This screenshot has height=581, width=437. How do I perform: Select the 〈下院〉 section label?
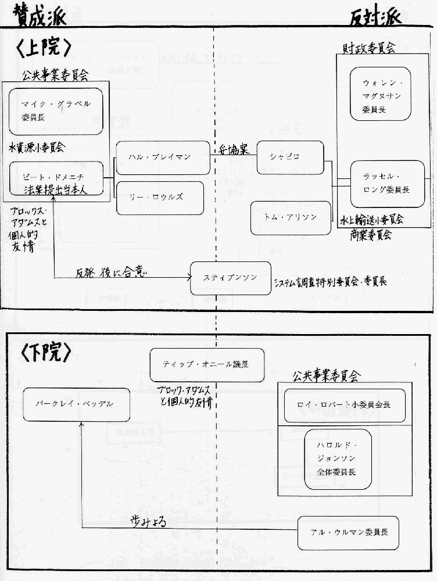click(x=45, y=352)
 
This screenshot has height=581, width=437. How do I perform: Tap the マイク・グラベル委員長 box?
click(x=56, y=110)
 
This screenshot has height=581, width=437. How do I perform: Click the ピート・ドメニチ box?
click(x=56, y=179)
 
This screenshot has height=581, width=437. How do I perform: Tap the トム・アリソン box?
click(x=291, y=218)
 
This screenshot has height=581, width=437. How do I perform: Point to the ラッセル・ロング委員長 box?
click(x=386, y=185)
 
